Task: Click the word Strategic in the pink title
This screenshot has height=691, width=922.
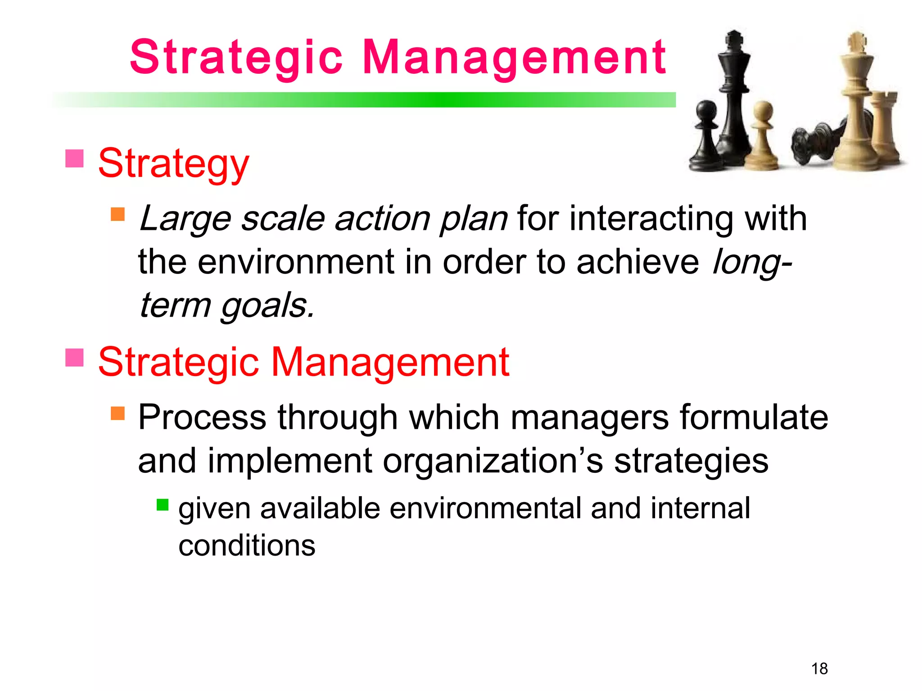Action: click(x=236, y=57)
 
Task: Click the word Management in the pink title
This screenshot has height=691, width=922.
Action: click(x=513, y=57)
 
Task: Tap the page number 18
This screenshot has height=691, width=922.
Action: click(x=819, y=669)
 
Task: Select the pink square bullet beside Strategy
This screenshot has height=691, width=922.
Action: click(x=74, y=158)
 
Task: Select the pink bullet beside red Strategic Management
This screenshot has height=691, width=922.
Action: click(x=74, y=357)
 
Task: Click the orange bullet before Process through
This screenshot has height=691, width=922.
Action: click(x=118, y=413)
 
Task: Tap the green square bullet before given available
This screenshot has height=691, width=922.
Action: click(x=163, y=505)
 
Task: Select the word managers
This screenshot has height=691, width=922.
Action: click(x=590, y=417)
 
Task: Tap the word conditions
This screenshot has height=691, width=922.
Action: click(x=247, y=545)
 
